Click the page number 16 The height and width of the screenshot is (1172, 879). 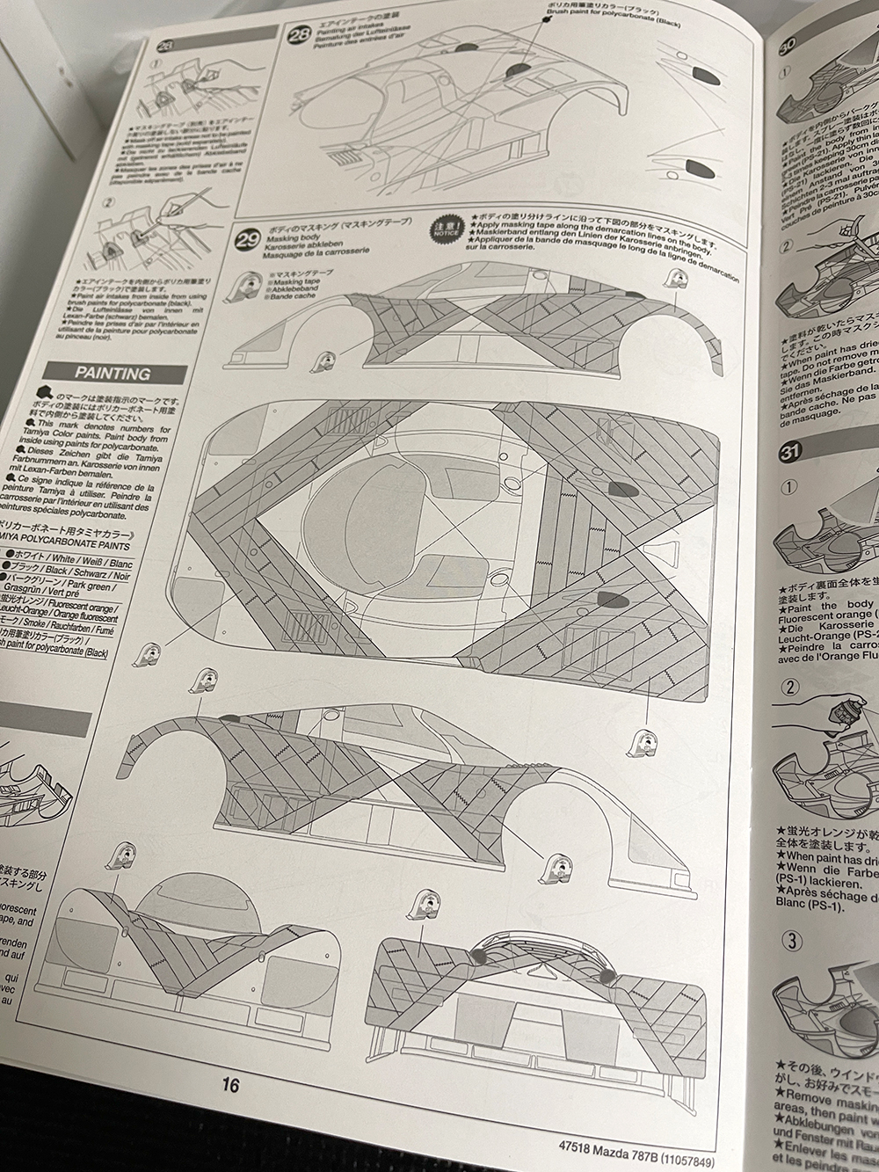click(x=230, y=1085)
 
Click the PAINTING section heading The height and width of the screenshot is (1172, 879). click(x=112, y=374)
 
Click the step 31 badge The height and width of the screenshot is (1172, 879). click(x=788, y=453)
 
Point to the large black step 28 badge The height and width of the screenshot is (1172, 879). click(x=299, y=36)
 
